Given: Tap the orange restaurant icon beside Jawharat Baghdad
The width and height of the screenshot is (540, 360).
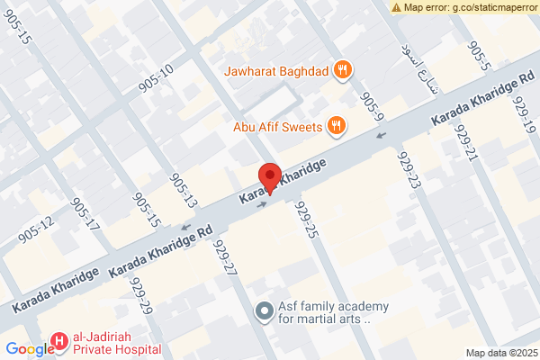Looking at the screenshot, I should pos(342,69).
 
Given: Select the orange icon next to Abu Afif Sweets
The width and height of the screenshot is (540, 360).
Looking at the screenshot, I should pos(336,126).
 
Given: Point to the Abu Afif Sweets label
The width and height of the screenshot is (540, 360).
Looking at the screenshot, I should pos(277,127).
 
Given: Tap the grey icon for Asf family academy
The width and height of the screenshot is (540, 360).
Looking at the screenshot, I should pos(264,311).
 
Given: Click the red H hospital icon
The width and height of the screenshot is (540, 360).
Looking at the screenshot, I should pos(58,342).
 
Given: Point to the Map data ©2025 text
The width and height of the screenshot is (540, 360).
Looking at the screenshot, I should pos(500,353).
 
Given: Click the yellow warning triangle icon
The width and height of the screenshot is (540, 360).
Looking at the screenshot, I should pos(396,7).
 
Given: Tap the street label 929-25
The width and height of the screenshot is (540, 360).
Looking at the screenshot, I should pos(307,220).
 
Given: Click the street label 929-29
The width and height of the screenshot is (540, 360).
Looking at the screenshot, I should pos(140,296).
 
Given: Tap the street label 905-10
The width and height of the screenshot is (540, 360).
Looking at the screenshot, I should pos(156,79).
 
